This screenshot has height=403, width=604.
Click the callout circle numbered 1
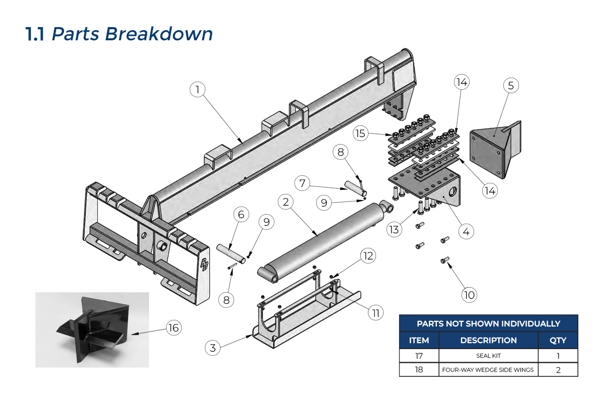(198, 90)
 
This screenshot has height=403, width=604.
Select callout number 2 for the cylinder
(286, 203)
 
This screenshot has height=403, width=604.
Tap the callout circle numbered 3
(213, 347)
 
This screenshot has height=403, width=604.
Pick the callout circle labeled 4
(466, 232)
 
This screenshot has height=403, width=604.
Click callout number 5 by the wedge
(511, 86)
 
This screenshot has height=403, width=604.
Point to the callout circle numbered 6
(241, 215)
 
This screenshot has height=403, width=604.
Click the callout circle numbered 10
(469, 295)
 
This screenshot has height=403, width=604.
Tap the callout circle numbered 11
(375, 312)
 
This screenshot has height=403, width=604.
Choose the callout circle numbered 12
(368, 256)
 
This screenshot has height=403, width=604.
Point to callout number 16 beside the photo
(174, 328)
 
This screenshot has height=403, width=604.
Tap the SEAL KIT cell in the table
(488, 356)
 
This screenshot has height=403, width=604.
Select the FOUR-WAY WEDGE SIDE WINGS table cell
(488, 370)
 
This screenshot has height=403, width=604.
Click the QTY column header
(558, 341)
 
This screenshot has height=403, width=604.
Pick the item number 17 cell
(419, 356)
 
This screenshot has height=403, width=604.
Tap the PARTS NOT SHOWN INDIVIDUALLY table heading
(488, 323)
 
